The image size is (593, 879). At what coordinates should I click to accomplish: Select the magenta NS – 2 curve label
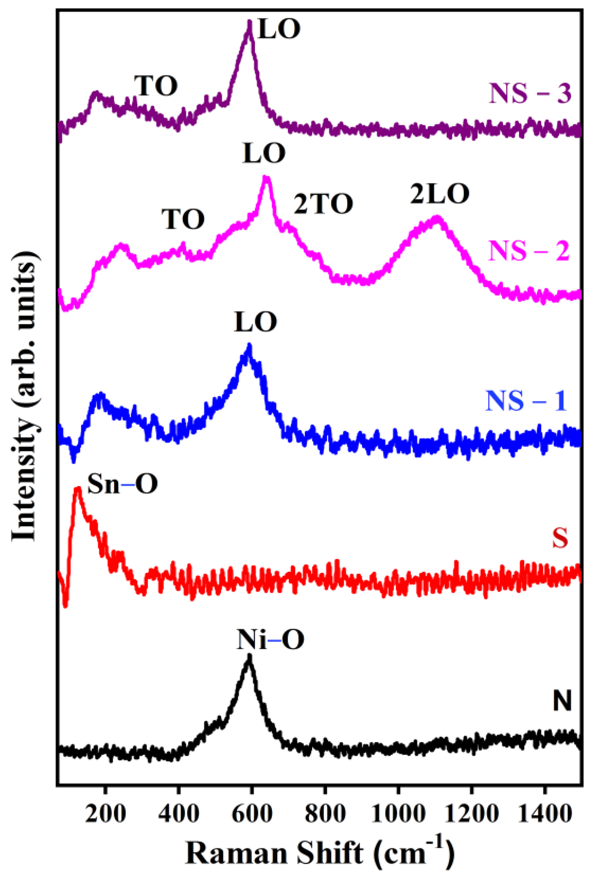click(529, 251)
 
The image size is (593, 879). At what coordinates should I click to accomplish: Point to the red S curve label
click(560, 538)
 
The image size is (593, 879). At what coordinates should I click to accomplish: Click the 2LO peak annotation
click(440, 194)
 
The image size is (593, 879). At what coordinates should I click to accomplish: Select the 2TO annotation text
click(323, 204)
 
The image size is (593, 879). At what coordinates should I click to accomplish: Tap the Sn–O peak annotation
click(122, 484)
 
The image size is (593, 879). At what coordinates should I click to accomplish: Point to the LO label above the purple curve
click(279, 29)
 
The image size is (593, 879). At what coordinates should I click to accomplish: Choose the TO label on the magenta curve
click(183, 219)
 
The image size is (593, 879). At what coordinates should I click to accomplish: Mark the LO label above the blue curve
click(255, 322)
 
